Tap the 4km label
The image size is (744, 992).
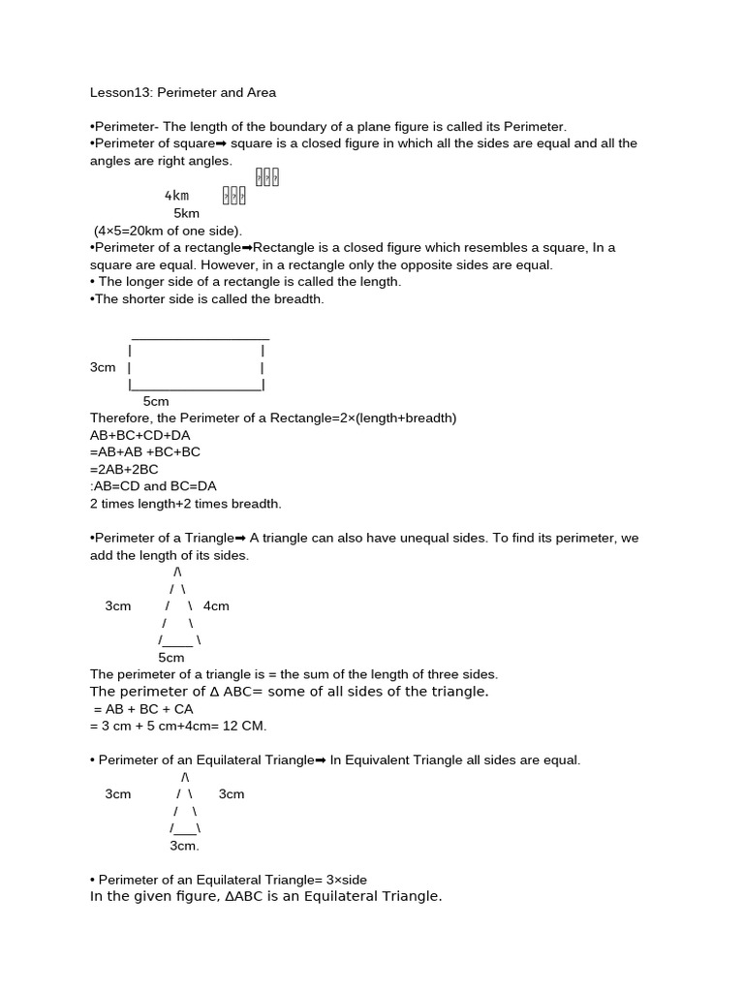click(x=176, y=196)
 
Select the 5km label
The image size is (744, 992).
click(x=186, y=213)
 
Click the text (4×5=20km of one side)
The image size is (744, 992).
click(x=168, y=231)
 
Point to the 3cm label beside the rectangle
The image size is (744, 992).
click(x=103, y=367)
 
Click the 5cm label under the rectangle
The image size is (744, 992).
click(x=156, y=401)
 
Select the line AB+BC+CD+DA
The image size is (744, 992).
click(x=140, y=435)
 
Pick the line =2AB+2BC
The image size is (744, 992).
click(x=124, y=469)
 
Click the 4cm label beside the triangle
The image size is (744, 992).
click(x=216, y=605)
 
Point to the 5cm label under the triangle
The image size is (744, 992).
click(x=170, y=657)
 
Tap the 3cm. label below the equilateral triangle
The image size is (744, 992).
click(x=184, y=846)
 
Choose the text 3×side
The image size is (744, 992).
click(x=347, y=880)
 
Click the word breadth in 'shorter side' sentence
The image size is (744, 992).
click(x=297, y=299)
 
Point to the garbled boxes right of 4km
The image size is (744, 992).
click(x=234, y=196)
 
